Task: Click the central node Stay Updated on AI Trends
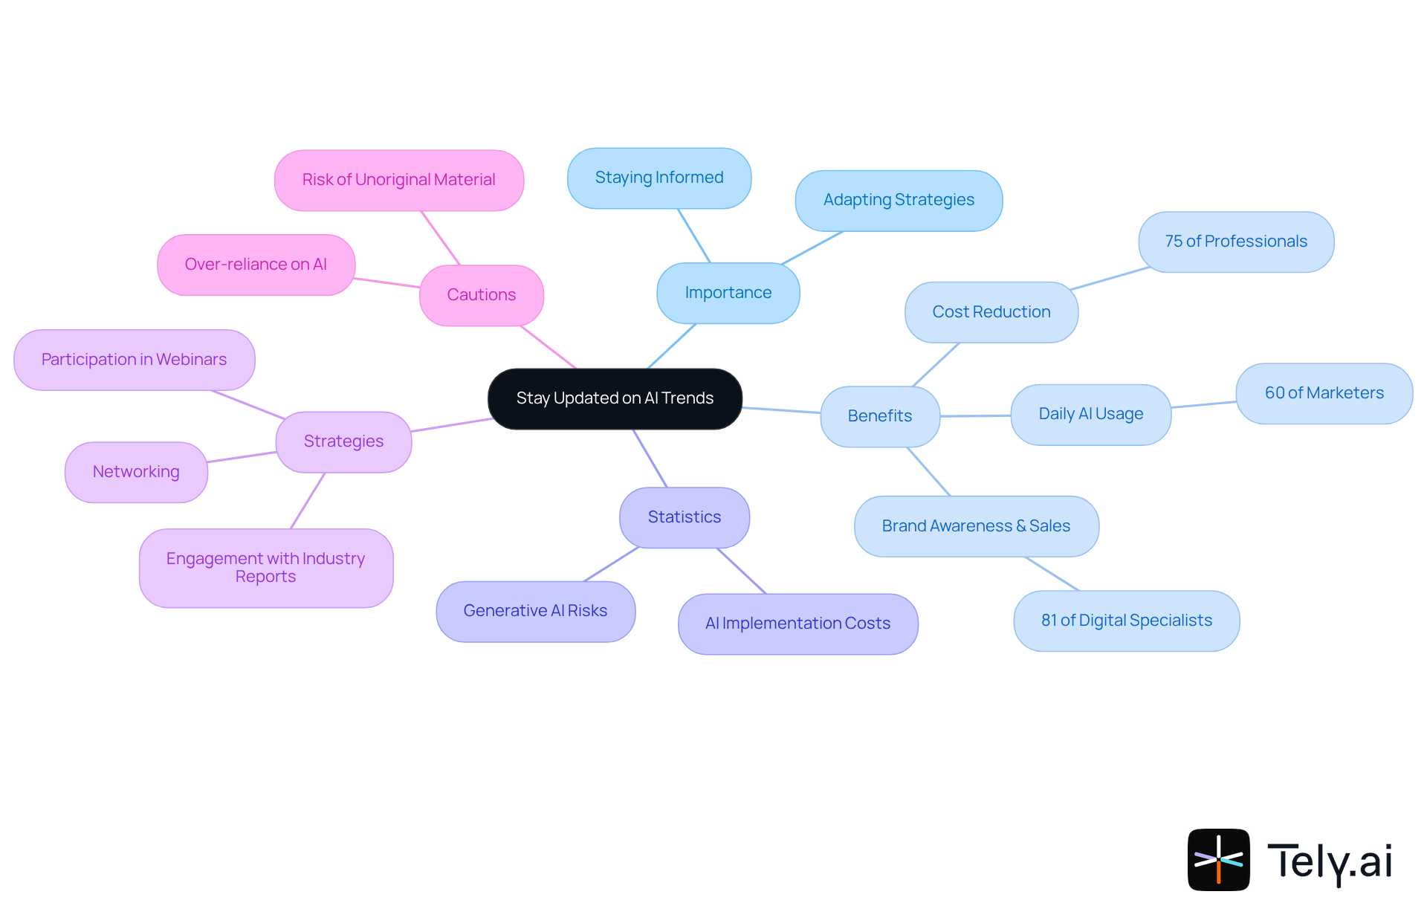click(x=615, y=398)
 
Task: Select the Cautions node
click(x=482, y=295)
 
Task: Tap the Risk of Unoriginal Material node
click(x=399, y=180)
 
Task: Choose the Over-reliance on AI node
click(x=256, y=265)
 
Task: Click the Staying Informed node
click(x=659, y=178)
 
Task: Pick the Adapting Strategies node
click(x=899, y=200)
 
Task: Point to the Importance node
click(x=728, y=293)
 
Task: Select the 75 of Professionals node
click(x=1236, y=242)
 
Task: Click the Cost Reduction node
click(x=991, y=312)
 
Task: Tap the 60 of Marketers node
click(x=1324, y=393)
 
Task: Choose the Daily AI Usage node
click(x=1091, y=414)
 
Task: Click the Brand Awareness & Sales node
click(x=976, y=526)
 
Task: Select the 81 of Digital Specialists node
click(x=1127, y=621)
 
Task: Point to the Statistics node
click(x=685, y=517)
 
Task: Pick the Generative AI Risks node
click(x=535, y=611)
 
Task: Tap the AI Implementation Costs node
click(x=797, y=624)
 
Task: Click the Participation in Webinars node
click(x=135, y=360)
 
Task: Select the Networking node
click(x=136, y=472)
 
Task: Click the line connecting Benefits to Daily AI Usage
click(x=975, y=415)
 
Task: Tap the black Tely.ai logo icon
click(x=1218, y=859)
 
